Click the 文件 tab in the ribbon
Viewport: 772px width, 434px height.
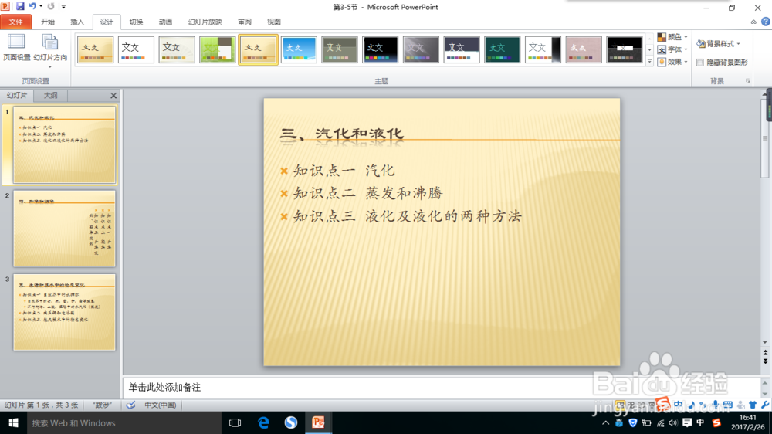click(x=15, y=22)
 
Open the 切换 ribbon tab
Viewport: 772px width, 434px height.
click(x=136, y=22)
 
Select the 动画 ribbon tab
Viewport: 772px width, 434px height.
click(x=165, y=22)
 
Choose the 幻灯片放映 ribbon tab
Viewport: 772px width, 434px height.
click(x=205, y=22)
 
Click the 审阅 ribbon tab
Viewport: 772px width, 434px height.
click(x=245, y=22)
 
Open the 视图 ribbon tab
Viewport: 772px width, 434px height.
click(x=274, y=22)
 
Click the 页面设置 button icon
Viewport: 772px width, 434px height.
click(x=16, y=42)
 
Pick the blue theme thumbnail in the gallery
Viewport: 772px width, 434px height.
click(x=299, y=49)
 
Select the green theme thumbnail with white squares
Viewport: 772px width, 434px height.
click(x=218, y=49)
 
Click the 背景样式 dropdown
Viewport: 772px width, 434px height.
click(x=719, y=44)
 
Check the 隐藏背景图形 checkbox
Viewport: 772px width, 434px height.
click(x=700, y=62)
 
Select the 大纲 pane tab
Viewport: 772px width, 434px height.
click(x=50, y=96)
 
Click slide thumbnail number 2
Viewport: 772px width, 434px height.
click(x=64, y=229)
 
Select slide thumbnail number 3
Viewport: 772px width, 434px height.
click(x=64, y=312)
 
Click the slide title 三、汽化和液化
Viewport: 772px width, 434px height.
click(x=342, y=134)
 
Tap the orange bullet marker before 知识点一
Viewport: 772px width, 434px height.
click(x=284, y=171)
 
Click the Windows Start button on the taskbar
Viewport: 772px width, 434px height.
click(x=13, y=422)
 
